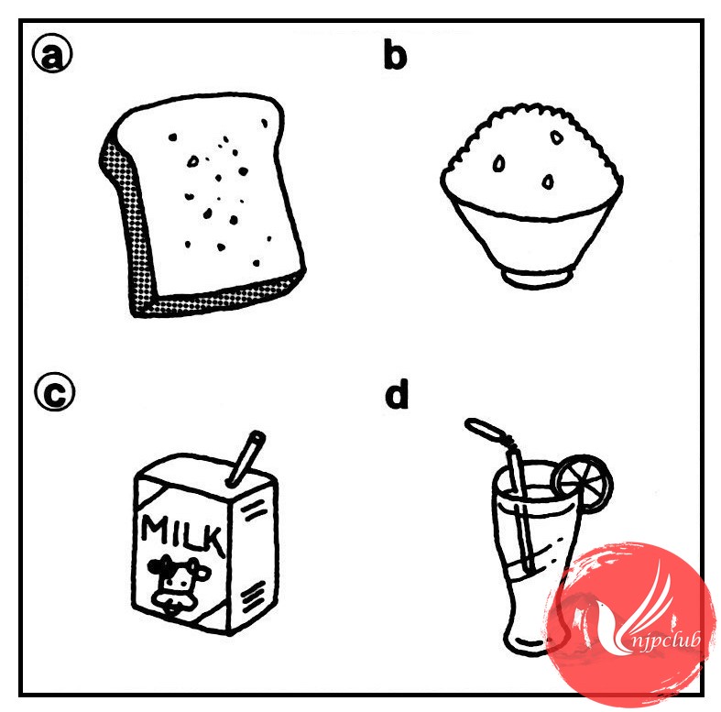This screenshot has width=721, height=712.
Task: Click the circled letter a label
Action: pos(52,53)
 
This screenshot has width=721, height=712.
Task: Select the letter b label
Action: pos(395,55)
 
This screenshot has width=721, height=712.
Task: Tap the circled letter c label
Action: pos(55,391)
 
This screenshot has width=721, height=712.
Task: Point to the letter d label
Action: pos(397,394)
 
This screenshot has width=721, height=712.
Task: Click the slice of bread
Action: pos(202,204)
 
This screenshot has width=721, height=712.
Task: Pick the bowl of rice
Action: pos(532,195)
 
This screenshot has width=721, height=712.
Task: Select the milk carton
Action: pos(205,533)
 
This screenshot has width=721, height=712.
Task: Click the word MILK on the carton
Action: pos(182,533)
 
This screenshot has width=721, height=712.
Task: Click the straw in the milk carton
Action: pos(246,458)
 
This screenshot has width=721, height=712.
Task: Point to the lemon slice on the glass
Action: pos(583,483)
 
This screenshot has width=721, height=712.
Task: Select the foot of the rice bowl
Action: pos(537,278)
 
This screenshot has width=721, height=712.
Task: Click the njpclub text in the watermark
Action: pos(665,640)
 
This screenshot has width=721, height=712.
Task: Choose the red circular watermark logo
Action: pos(627,622)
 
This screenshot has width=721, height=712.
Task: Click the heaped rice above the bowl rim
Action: pos(532,159)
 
